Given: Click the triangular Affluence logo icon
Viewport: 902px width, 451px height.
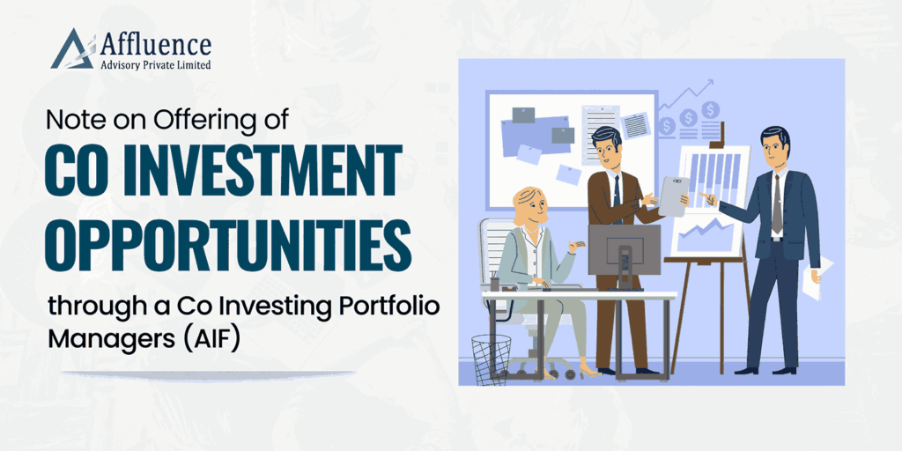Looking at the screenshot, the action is pyautogui.click(x=72, y=49).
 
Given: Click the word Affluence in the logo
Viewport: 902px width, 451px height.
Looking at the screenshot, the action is pyautogui.click(x=155, y=45).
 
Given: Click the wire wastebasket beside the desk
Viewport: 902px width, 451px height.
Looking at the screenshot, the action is pyautogui.click(x=491, y=359).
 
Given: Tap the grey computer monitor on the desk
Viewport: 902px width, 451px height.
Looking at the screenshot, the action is pyautogui.click(x=625, y=249).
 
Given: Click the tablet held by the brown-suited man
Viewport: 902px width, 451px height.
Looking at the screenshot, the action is pyautogui.click(x=674, y=196).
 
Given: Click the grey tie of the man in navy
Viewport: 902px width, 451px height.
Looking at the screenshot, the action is pyautogui.click(x=777, y=204).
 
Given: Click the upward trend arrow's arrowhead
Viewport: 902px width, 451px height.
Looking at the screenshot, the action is pyautogui.click(x=708, y=84).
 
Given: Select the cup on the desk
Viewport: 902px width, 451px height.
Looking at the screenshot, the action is pyautogui.click(x=495, y=285).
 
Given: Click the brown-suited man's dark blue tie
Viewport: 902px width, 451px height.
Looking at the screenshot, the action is pyautogui.click(x=617, y=196).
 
